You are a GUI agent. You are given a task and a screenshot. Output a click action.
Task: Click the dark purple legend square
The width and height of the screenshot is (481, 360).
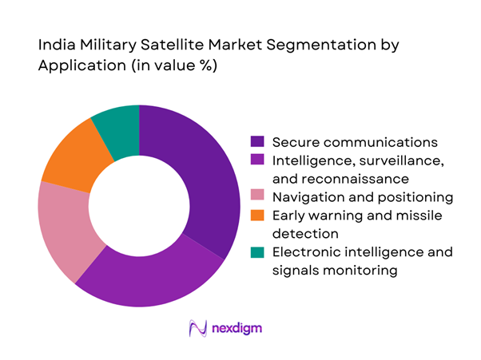(x=257, y=142)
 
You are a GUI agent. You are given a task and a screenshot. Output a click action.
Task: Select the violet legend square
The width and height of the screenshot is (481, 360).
(x=257, y=162)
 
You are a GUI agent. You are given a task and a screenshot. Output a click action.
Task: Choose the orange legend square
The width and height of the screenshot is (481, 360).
(x=257, y=216)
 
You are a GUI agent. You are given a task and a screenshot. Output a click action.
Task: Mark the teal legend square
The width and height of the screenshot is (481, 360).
(x=257, y=252)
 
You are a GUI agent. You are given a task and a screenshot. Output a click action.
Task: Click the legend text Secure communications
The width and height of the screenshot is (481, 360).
(x=355, y=142)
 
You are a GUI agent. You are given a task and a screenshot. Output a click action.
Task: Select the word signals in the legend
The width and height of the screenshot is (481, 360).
(x=298, y=271)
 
